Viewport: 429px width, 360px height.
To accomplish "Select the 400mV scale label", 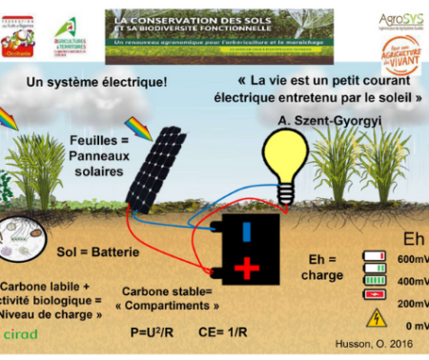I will tap(411, 281).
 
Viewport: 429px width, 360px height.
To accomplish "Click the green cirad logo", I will tap(21, 334).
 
